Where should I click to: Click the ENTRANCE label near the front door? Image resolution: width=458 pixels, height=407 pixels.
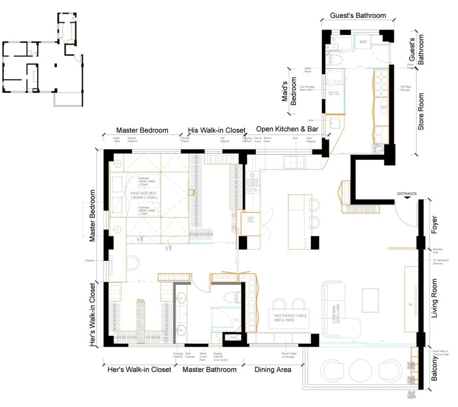click(x=407, y=194)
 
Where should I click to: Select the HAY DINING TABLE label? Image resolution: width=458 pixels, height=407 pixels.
click(x=287, y=318)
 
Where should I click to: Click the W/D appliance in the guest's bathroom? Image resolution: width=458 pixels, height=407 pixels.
click(x=363, y=42)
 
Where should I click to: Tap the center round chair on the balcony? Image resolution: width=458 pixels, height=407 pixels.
click(x=360, y=370)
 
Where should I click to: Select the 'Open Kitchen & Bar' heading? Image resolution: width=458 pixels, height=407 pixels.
click(x=287, y=129)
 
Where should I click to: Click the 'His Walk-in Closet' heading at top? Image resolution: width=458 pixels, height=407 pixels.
click(x=216, y=130)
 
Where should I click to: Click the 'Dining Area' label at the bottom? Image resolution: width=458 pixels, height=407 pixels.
click(x=273, y=369)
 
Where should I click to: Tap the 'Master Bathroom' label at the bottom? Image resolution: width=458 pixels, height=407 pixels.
click(x=209, y=369)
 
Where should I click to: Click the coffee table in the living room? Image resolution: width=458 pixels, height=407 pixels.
click(x=370, y=300)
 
